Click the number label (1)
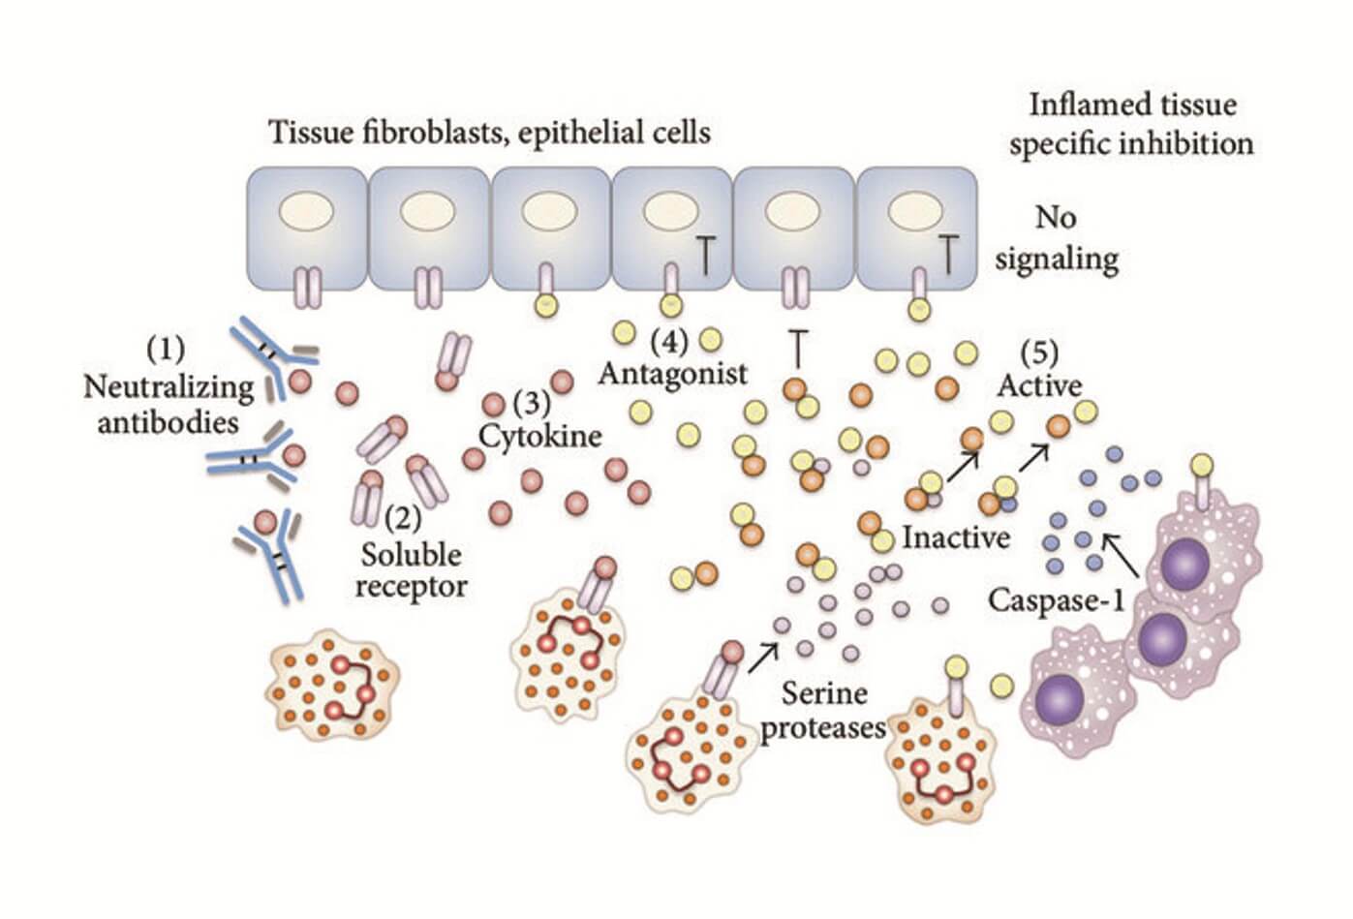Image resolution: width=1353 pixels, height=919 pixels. tap(165, 348)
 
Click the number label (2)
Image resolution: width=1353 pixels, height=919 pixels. tap(402, 519)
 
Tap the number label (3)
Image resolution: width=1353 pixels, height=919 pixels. tap(531, 400)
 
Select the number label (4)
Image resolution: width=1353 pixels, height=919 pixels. tap(667, 340)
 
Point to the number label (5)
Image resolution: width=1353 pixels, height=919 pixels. tap(1038, 352)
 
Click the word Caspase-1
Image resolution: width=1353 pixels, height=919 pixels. tap(1056, 600)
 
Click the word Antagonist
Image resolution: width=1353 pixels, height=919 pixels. tap(673, 373)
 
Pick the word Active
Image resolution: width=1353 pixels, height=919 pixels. tap(1039, 385)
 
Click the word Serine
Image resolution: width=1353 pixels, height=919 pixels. tap(824, 693)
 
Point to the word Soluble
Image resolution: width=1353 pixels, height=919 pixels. tap(411, 555)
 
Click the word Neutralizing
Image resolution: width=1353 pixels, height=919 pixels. tap(169, 386)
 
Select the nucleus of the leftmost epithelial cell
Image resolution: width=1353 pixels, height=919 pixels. tap(306, 210)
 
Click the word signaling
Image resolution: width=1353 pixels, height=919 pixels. tap(1057, 259)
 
